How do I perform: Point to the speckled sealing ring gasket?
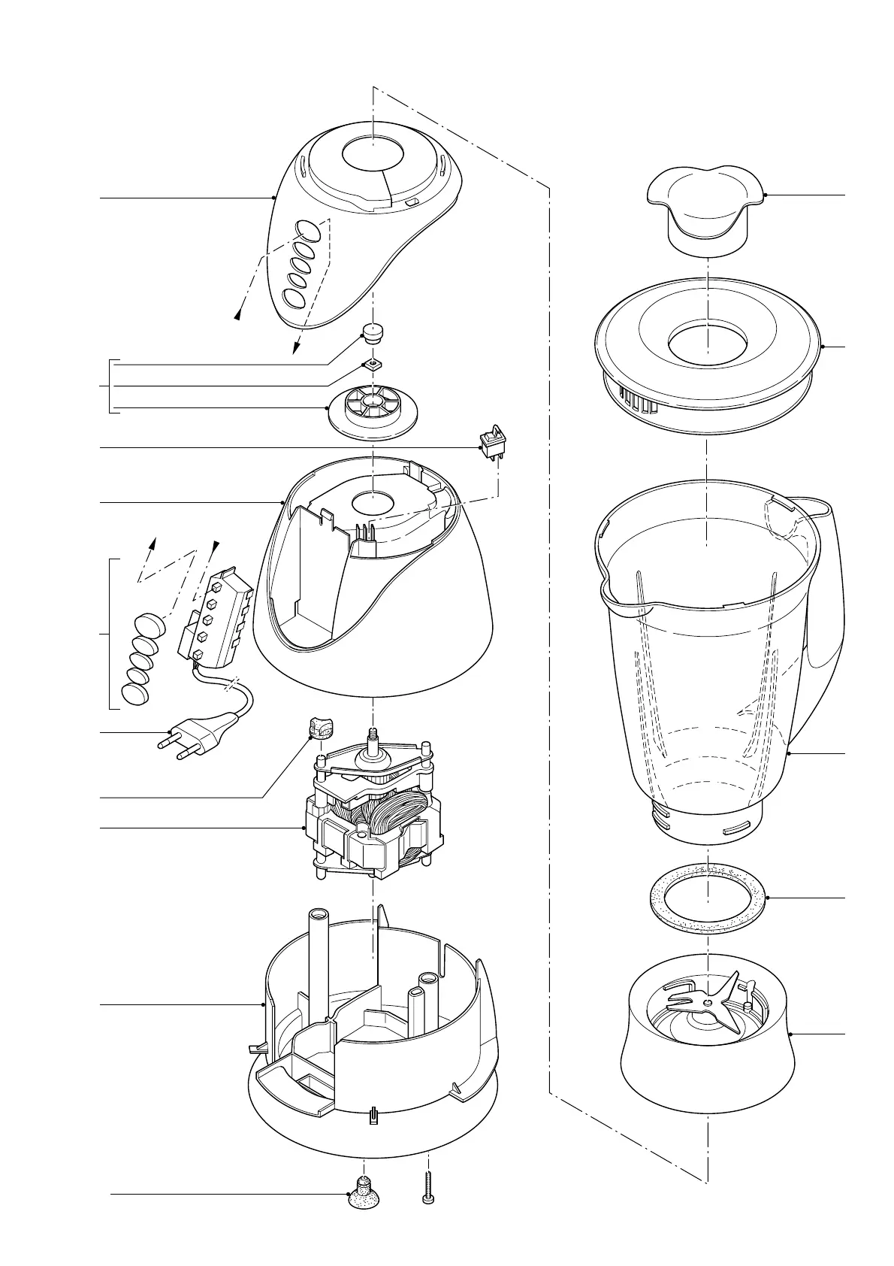(708, 898)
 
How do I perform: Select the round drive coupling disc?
(373, 410)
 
